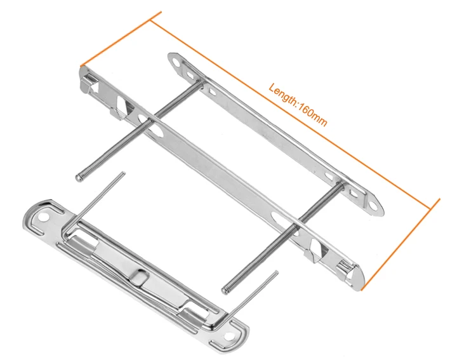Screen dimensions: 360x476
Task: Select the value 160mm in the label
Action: [x=313, y=112]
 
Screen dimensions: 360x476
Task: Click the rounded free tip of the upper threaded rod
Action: [x=79, y=178]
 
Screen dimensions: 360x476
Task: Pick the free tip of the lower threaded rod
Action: [x=224, y=291]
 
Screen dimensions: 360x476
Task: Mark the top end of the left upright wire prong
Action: [x=124, y=173]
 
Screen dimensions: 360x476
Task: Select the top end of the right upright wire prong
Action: [x=276, y=273]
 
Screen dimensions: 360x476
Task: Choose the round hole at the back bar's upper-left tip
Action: [x=176, y=61]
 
